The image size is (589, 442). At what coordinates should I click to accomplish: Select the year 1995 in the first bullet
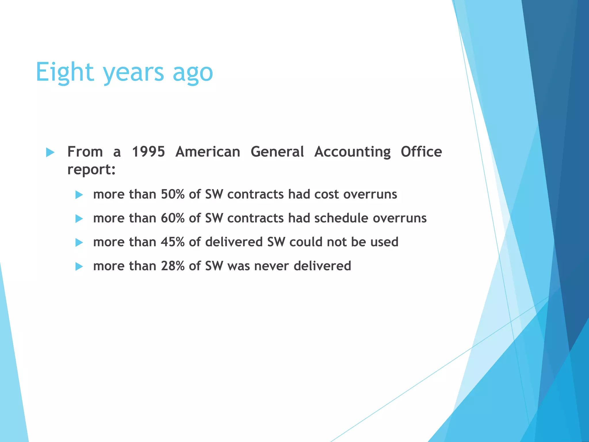(x=148, y=152)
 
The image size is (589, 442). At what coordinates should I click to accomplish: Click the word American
(x=208, y=152)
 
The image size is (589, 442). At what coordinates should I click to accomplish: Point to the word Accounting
(x=352, y=152)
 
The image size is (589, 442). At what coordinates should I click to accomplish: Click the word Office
(x=421, y=152)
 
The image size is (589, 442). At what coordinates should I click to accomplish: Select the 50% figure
(x=173, y=194)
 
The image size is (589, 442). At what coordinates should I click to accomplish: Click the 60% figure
(x=173, y=218)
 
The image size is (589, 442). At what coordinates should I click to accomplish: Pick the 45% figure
(x=173, y=242)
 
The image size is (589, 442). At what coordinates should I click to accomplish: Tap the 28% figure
(x=173, y=266)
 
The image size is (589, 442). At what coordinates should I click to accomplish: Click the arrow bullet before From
(x=50, y=152)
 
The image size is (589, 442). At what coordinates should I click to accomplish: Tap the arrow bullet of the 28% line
(x=79, y=266)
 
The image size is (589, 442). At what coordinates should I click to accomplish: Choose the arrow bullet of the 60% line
(x=79, y=219)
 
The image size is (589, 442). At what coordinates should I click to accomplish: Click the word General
(x=277, y=152)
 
